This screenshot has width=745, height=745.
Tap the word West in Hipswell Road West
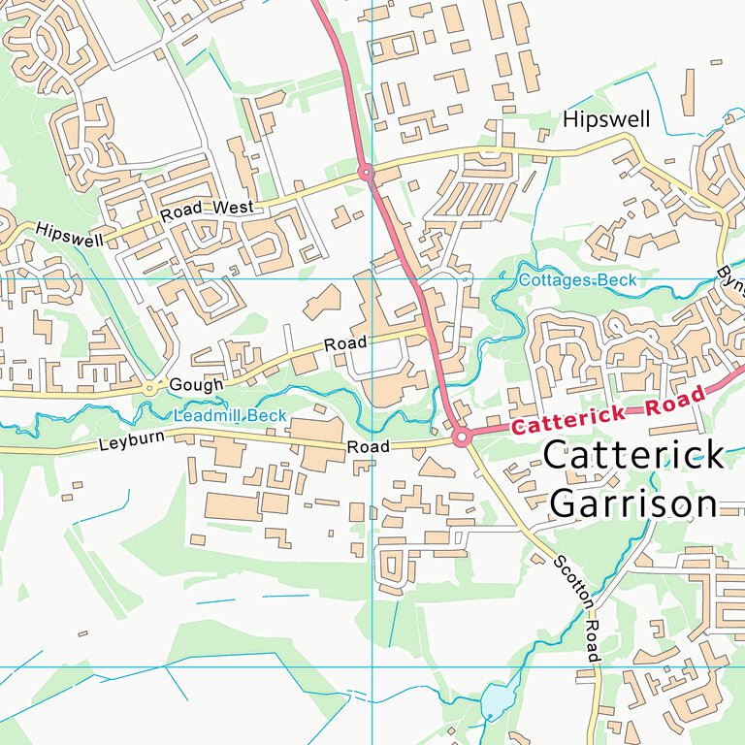coord(235,208)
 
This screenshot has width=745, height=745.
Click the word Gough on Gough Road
coord(196,385)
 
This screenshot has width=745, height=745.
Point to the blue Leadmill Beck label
coord(230,416)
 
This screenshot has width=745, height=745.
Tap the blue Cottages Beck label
coord(578,280)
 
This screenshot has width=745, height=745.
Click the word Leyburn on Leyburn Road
coord(132,442)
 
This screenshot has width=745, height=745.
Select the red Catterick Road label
coord(607,412)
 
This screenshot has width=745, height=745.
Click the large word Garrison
coord(633,503)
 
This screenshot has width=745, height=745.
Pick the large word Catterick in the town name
coord(633,455)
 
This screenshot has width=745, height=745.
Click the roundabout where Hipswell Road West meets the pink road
coord(366,173)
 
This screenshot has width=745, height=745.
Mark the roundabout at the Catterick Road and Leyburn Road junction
coord(462,437)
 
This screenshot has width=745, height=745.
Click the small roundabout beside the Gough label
coord(149,388)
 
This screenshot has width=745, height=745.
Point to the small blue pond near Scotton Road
coord(494,700)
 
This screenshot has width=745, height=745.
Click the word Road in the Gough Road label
coord(345,344)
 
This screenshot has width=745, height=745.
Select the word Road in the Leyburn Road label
coord(369,447)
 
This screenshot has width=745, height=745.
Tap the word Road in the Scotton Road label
coord(593,642)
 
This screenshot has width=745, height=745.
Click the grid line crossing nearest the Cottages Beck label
coord(372,278)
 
